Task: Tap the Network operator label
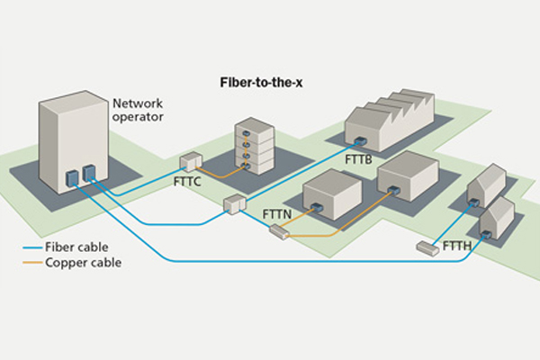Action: pos(137,111)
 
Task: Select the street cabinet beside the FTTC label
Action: pos(189,162)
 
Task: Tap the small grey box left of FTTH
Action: pos(426,247)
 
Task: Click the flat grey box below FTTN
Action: pos(279,232)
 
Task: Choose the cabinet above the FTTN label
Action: pos(235,204)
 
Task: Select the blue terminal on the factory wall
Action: pos(359,142)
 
